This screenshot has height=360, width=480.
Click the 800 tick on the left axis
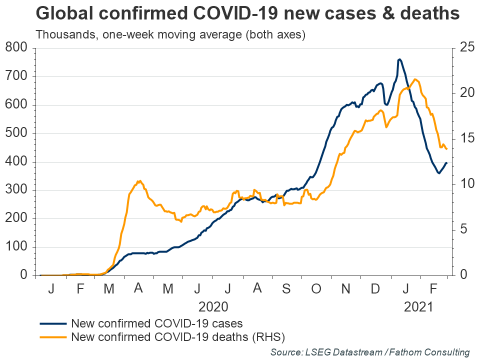pyautogui.click(x=18, y=48)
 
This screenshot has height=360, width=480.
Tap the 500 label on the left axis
pyautogui.click(x=18, y=133)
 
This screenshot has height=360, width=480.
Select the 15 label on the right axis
pyautogui.click(x=463, y=139)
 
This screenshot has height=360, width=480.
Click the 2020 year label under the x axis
pyautogui.click(x=213, y=305)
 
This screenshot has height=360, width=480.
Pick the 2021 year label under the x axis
pyautogui.click(x=418, y=305)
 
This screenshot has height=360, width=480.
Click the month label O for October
pyautogui.click(x=316, y=288)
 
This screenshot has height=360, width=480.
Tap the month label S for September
pyautogui.click(x=286, y=288)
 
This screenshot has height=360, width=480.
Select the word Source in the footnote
pyautogui.click(x=285, y=352)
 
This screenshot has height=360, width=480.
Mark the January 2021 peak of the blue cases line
pyautogui.click(x=399, y=59)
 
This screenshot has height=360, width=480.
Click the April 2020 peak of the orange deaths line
pyautogui.click(x=139, y=181)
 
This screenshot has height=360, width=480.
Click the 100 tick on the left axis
pyautogui.click(x=18, y=247)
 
